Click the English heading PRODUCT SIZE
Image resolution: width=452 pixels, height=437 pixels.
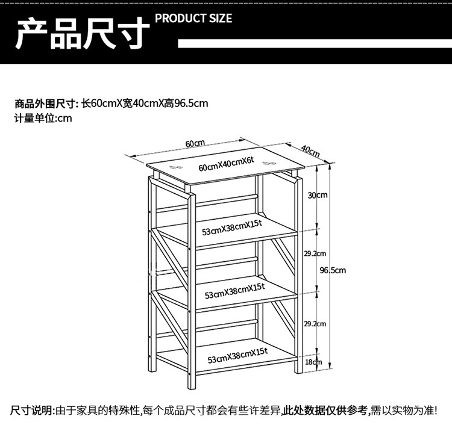pos(193,18)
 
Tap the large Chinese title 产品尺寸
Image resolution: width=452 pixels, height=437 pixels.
pos(81,34)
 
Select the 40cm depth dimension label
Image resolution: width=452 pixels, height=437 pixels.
pos(310,150)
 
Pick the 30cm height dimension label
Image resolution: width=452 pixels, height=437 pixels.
pos(317,195)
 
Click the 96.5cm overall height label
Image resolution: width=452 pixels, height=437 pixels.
pos(333,270)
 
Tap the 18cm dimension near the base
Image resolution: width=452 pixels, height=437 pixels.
pos(313,362)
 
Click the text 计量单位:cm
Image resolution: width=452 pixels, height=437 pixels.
pos(43,118)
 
